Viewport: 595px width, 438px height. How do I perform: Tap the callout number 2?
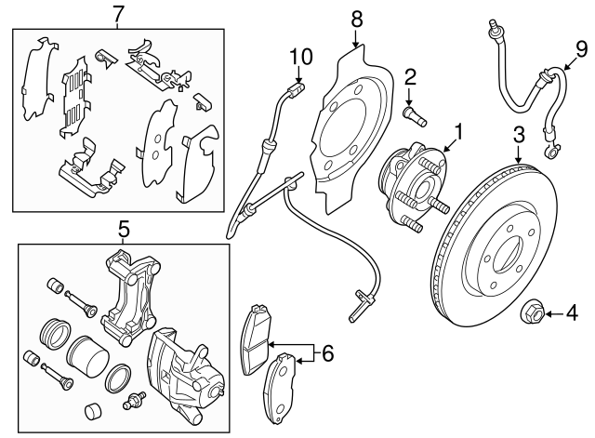click(409, 77)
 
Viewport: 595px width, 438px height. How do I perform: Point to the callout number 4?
click(572, 314)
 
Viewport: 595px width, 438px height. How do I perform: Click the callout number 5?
click(122, 226)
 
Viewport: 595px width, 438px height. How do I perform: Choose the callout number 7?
click(117, 13)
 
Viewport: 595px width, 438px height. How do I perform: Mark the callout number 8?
click(356, 17)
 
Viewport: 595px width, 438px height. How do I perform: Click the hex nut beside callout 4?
click(534, 313)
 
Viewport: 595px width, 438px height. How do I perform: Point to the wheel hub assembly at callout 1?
click(414, 179)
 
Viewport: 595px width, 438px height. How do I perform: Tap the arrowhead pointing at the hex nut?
click(548, 314)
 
